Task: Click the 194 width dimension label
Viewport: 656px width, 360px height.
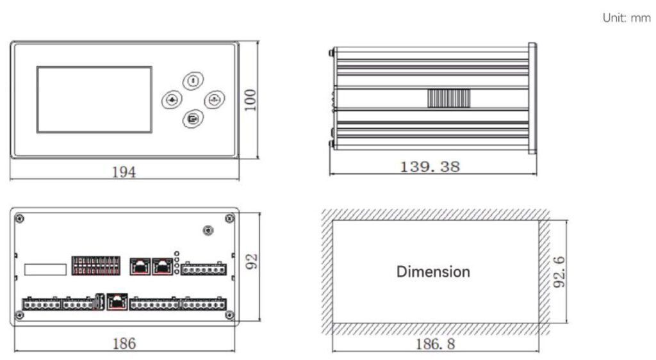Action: click(x=124, y=172)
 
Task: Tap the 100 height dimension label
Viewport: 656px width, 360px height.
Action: click(x=250, y=100)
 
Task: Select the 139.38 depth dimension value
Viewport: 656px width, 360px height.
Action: click(x=430, y=167)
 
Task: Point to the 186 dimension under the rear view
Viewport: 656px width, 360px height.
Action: click(x=124, y=343)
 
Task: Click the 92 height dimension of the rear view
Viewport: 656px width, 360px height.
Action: click(x=251, y=262)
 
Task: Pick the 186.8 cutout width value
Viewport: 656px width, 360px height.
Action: click(x=435, y=344)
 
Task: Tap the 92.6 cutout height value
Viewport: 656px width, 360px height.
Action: click(x=559, y=272)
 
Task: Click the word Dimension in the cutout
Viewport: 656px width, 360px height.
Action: click(x=433, y=272)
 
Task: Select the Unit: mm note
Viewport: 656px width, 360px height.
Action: click(x=627, y=18)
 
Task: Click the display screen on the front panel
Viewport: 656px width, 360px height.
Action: click(x=94, y=99)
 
